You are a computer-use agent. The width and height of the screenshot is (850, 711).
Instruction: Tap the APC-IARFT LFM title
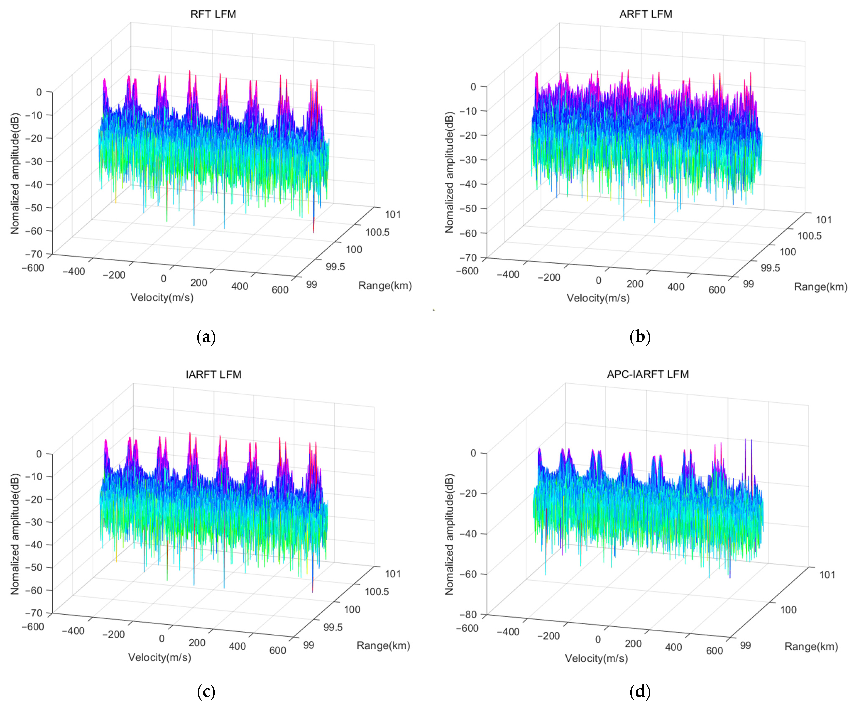click(x=648, y=374)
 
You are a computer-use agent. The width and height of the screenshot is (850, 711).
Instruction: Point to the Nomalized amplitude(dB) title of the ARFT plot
click(x=449, y=172)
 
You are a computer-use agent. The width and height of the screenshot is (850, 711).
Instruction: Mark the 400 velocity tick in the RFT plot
click(x=240, y=286)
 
